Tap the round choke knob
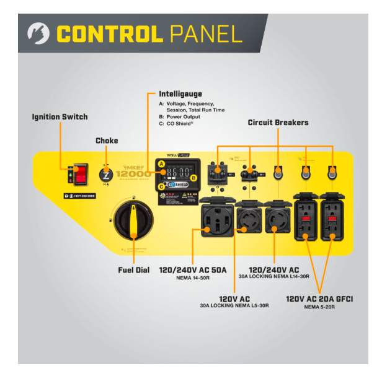click(106, 173)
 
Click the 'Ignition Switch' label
click(60, 116)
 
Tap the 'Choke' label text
click(107, 141)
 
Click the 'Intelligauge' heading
click(180, 94)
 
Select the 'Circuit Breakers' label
click(278, 123)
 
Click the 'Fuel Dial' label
click(133, 270)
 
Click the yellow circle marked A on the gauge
click(161, 164)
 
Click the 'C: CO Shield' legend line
click(177, 123)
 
